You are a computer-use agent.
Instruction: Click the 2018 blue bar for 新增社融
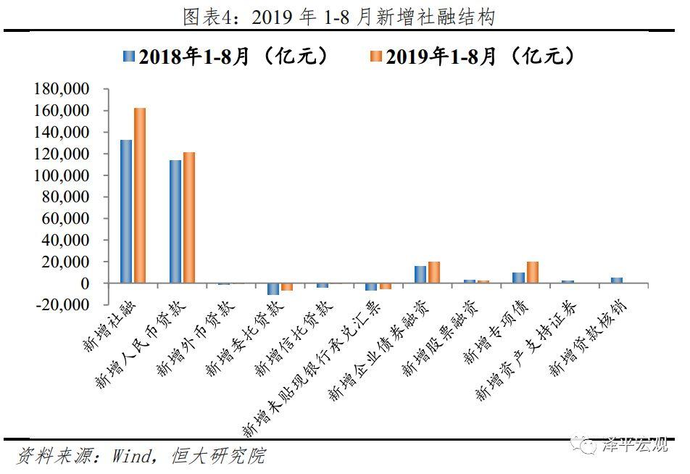click(126, 211)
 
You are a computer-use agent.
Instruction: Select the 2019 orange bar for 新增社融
click(140, 196)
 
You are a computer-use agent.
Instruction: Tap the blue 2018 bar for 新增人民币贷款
click(175, 221)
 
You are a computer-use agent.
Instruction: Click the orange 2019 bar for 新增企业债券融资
click(434, 272)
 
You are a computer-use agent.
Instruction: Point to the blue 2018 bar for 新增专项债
click(518, 278)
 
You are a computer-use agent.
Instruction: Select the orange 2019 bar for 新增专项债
click(533, 272)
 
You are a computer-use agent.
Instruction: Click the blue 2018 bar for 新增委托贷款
click(273, 289)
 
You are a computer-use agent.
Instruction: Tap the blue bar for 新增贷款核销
click(616, 280)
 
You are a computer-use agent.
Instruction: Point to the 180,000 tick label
click(61, 89)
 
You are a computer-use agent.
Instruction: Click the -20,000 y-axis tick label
click(61, 304)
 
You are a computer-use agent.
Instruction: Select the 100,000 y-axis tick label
click(61, 175)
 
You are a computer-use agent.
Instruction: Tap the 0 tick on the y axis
click(85, 283)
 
